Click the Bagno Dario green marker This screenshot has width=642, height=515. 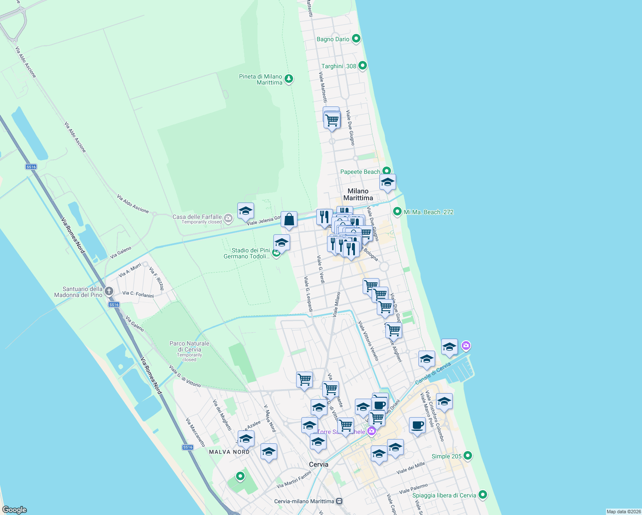click(x=356, y=39)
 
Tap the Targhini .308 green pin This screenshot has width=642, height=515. click(x=363, y=66)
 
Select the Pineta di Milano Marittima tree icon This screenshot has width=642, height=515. click(x=289, y=79)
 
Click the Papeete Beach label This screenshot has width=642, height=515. click(x=360, y=172)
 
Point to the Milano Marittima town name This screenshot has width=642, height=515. click(x=358, y=194)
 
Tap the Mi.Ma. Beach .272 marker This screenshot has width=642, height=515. click(x=397, y=212)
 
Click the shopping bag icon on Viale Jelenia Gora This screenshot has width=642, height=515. click(x=289, y=220)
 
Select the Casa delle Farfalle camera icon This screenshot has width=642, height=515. click(x=228, y=218)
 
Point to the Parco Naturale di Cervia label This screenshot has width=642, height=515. click(x=189, y=346)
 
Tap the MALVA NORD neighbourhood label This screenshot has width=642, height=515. click(x=229, y=452)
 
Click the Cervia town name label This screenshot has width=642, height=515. click(x=318, y=464)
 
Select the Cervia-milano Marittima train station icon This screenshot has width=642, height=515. click(x=339, y=501)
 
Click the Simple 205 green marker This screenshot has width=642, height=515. click(x=468, y=456)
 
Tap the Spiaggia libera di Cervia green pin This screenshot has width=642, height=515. click(x=483, y=495)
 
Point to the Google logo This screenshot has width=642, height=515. click(x=15, y=510)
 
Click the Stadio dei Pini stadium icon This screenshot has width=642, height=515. click(x=277, y=253)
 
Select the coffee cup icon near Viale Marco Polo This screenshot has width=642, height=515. click(x=417, y=425)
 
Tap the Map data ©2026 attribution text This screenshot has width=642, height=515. click(x=624, y=512)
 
